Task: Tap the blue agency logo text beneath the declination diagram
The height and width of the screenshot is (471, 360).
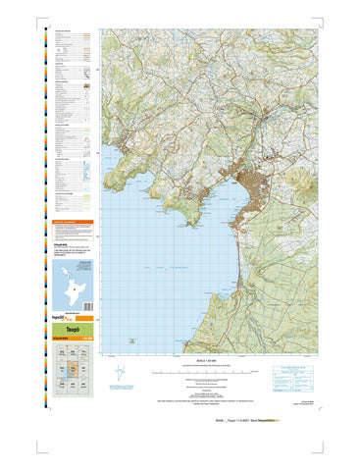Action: (149, 389)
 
